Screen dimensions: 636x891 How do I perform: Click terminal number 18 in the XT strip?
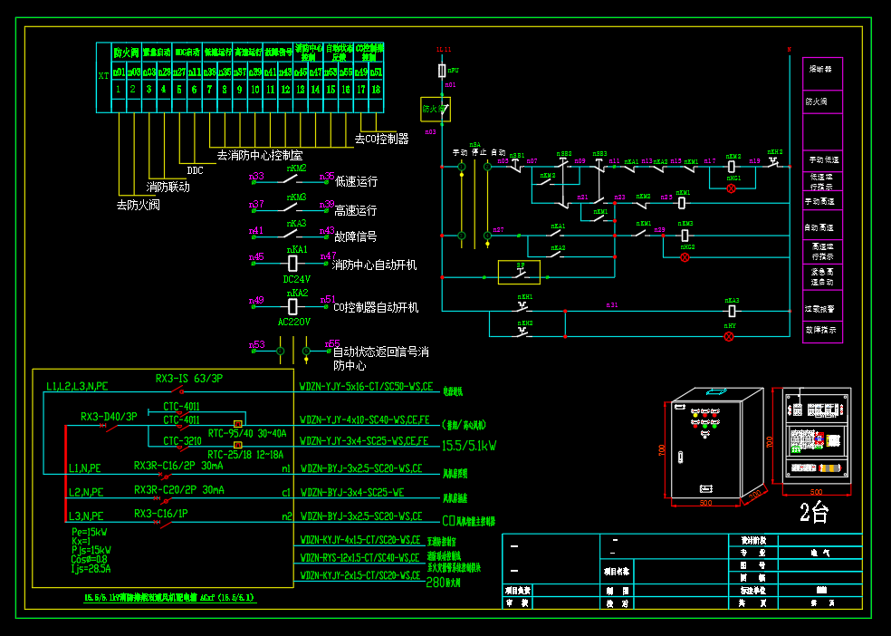pyautogui.click(x=376, y=90)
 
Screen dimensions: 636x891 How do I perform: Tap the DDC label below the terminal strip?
pyautogui.click(x=196, y=169)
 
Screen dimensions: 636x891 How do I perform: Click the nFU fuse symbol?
pyautogui.click(x=442, y=70)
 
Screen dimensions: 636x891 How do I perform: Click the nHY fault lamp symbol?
pyautogui.click(x=729, y=337)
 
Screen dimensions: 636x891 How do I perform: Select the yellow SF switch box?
pyautogui.click(x=519, y=272)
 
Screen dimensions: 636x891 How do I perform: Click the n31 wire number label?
pyautogui.click(x=612, y=305)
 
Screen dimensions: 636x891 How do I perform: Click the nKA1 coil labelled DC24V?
pyautogui.click(x=292, y=263)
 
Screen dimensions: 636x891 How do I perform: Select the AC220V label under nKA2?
pyautogui.click(x=294, y=321)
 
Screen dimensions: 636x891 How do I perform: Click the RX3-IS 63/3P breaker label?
pyautogui.click(x=189, y=379)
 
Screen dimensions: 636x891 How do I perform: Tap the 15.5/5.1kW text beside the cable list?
pyautogui.click(x=469, y=447)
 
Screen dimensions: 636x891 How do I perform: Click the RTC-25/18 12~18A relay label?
pyautogui.click(x=245, y=455)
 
